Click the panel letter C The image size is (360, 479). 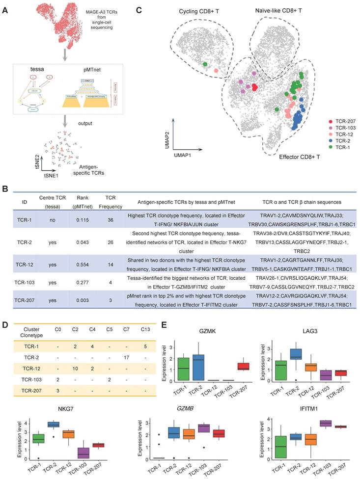point(139,9)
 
